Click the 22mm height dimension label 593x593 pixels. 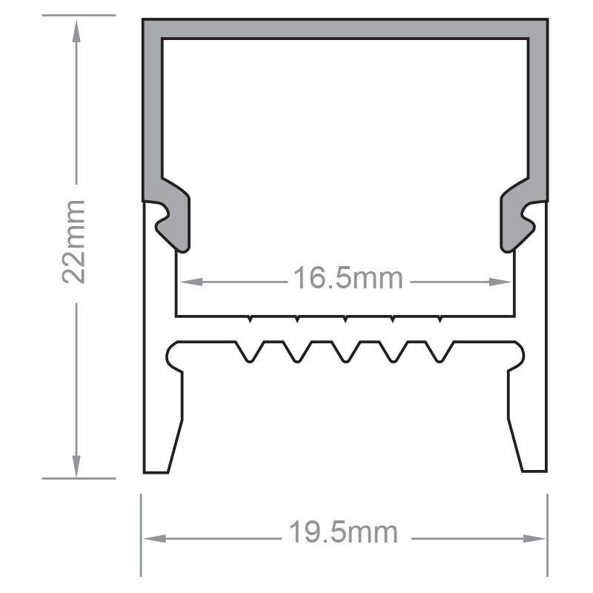click(x=76, y=241)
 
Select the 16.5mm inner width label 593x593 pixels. click(x=348, y=280)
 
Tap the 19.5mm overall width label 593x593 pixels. click(x=343, y=532)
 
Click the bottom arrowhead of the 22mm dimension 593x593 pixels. click(x=76, y=468)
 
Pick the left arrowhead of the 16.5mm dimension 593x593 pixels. click(x=187, y=282)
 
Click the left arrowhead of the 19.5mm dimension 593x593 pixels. click(x=151, y=537)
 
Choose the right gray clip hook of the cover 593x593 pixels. click(x=519, y=219)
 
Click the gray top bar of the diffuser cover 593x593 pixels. click(x=345, y=27)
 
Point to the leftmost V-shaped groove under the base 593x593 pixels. click(x=250, y=352)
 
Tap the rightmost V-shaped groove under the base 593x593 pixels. click(x=440, y=352)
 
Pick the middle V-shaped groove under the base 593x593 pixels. click(x=345, y=352)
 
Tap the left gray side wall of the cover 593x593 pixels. click(x=152, y=111)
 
